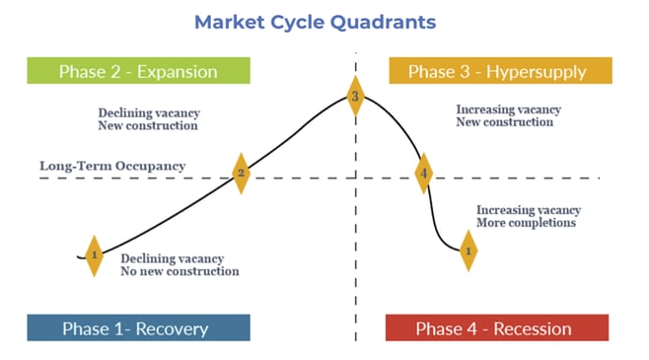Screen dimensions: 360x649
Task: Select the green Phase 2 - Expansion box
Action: [x=137, y=71]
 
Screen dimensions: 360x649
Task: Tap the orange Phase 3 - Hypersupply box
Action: [x=501, y=71]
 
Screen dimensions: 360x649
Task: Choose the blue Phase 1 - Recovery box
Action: [x=138, y=327]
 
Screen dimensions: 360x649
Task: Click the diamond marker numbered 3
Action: [x=356, y=97]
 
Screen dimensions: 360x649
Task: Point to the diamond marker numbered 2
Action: [x=240, y=174]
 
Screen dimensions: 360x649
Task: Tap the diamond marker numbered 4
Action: [x=423, y=174]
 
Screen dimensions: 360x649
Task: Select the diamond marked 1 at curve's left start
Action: [x=94, y=255]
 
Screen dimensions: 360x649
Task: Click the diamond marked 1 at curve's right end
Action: [x=469, y=251]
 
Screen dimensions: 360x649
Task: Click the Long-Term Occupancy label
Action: [x=112, y=166]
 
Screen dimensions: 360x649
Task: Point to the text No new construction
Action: [x=180, y=271]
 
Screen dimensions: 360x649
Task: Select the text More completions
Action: [x=526, y=223]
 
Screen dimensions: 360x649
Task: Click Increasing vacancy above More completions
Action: [x=529, y=210]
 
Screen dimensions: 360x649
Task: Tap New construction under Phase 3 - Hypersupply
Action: [x=505, y=122]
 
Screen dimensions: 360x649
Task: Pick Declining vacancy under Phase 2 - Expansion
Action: [x=148, y=112]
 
